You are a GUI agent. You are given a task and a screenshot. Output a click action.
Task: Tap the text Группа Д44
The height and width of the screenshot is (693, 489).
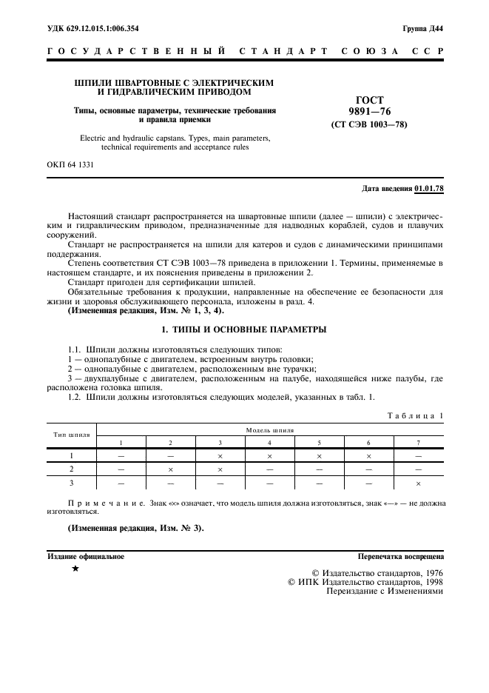point(423,29)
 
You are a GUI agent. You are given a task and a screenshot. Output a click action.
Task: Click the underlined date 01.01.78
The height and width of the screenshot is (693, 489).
point(429,188)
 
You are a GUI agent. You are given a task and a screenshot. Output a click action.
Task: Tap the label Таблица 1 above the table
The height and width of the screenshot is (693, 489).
point(414,417)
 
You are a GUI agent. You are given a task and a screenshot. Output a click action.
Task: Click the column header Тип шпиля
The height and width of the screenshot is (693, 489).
point(72,435)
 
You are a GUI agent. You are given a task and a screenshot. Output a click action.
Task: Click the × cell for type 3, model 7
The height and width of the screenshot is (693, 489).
point(418,483)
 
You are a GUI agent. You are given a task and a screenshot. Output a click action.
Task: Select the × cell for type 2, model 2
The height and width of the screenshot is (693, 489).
point(170,469)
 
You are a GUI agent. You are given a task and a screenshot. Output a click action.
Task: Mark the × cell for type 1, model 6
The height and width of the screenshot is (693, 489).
point(368,456)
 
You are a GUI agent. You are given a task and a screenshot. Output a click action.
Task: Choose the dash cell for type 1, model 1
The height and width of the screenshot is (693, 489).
point(121,456)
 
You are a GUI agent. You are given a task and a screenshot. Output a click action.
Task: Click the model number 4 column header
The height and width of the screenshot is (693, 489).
point(269,442)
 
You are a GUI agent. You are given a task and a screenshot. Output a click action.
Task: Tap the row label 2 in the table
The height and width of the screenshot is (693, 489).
point(72,469)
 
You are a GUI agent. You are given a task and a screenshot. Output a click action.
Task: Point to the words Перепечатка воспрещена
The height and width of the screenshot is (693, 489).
point(400,555)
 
